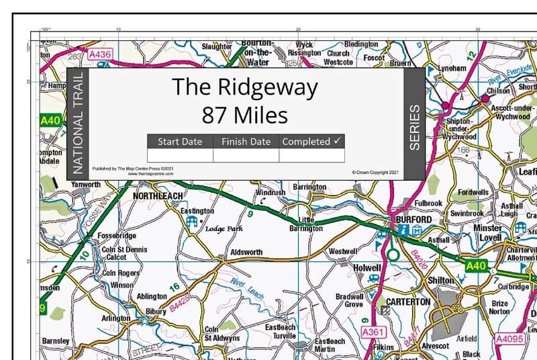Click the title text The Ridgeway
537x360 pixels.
click(x=244, y=87)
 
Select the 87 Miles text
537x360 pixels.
click(x=244, y=114)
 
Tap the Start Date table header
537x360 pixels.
click(x=179, y=142)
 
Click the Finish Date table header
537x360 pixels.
click(x=246, y=142)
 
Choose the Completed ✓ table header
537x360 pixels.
click(x=311, y=142)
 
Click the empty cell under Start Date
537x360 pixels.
click(x=179, y=155)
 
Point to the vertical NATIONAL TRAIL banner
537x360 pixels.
click(x=77, y=124)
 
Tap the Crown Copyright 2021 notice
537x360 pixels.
click(x=375, y=173)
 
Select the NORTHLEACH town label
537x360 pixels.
click(x=158, y=195)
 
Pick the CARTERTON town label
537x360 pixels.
click(x=408, y=302)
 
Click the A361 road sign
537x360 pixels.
click(x=373, y=332)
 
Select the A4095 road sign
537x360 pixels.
click(x=509, y=339)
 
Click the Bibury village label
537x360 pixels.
click(x=155, y=312)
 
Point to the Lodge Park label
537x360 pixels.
click(x=224, y=228)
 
